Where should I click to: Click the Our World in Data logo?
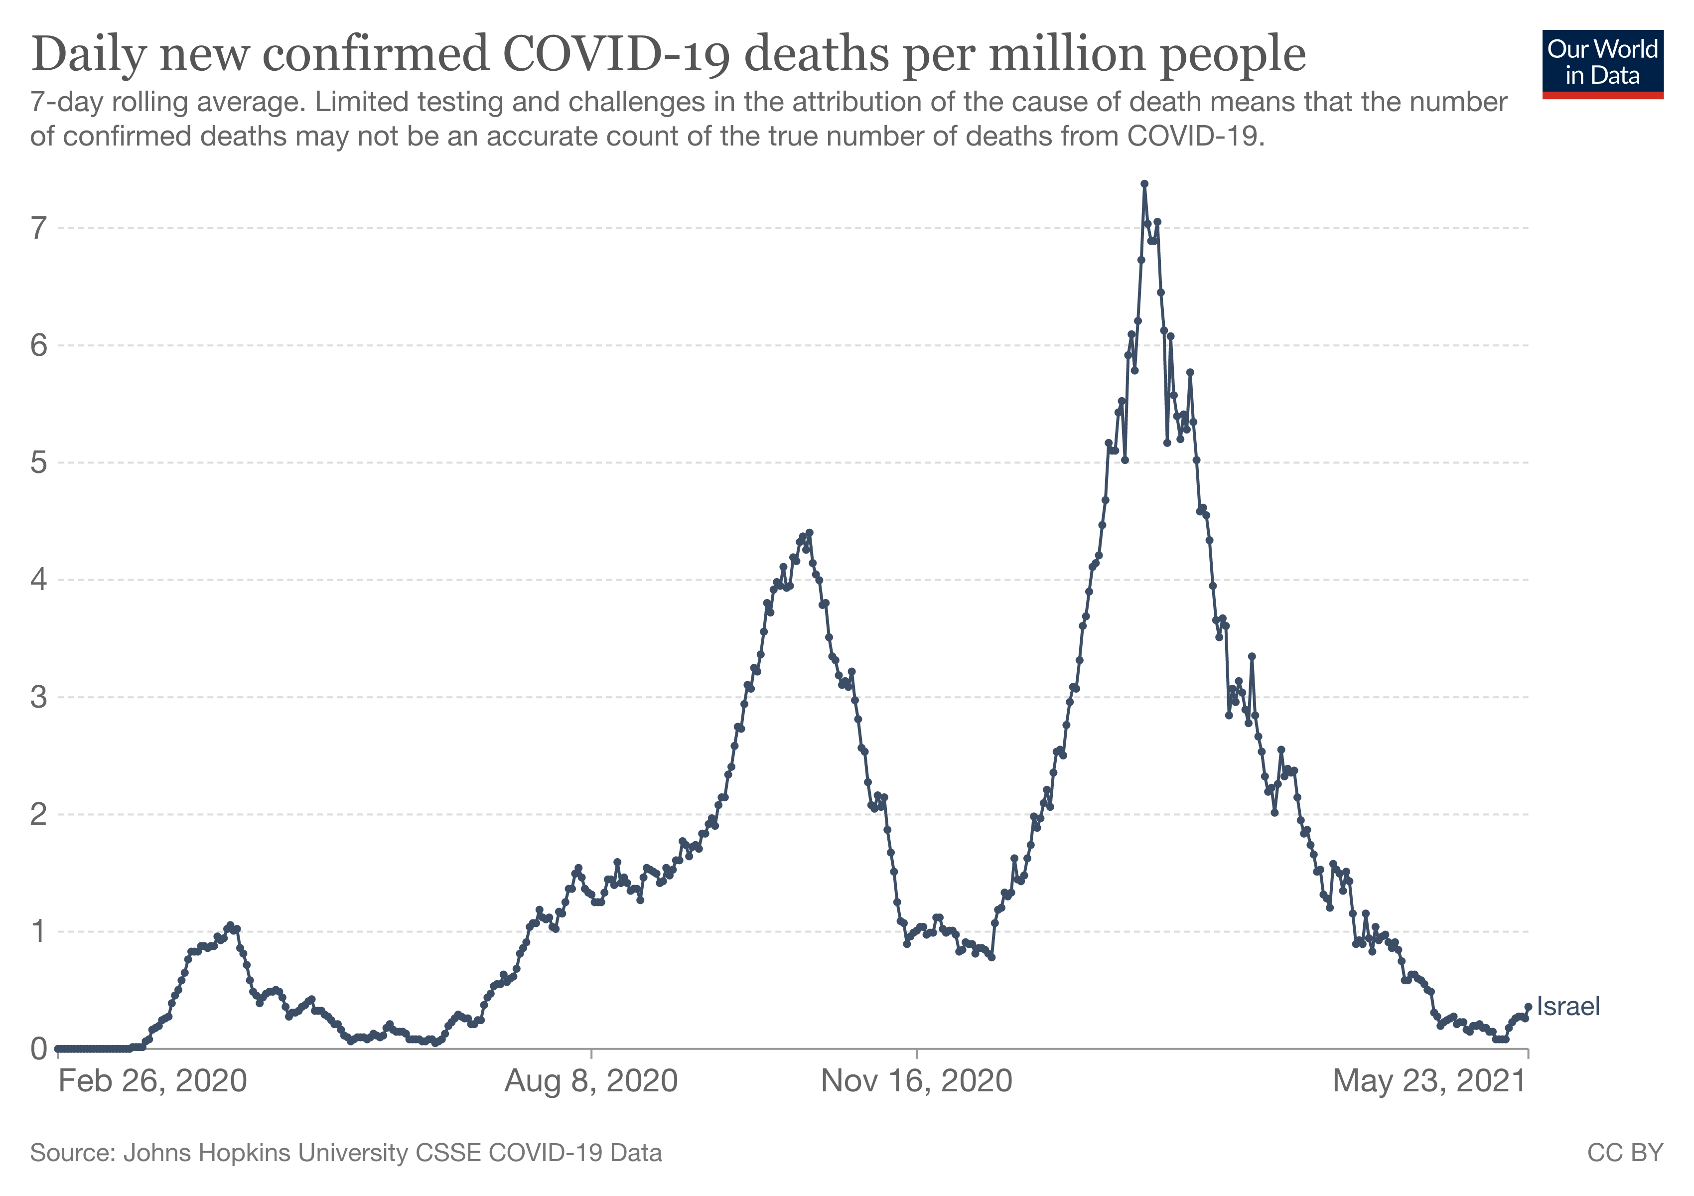(x=1602, y=63)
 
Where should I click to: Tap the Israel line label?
(x=1568, y=1006)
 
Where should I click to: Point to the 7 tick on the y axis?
(x=38, y=229)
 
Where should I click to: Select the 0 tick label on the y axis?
(x=38, y=1048)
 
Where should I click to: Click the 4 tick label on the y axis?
(x=38, y=580)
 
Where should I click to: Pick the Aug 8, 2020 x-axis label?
(x=591, y=1082)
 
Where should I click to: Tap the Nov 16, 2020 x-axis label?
(x=916, y=1082)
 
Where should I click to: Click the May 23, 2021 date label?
(x=1429, y=1082)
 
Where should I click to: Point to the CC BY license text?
(x=1625, y=1153)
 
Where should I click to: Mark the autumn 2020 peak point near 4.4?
(x=809, y=532)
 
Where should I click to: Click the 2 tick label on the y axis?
(x=38, y=815)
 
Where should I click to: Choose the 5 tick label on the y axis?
(x=38, y=462)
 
